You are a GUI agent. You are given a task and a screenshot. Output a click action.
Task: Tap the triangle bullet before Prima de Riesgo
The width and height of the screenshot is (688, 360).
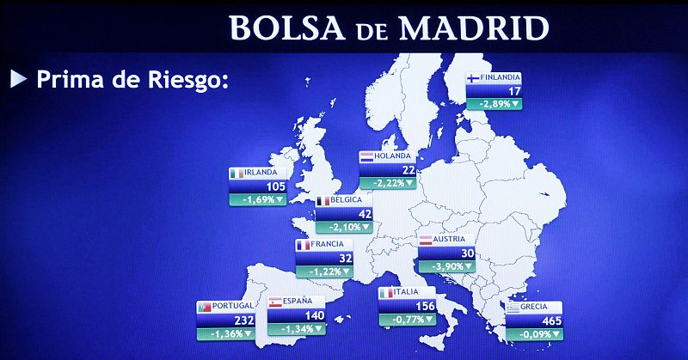tap(18, 80)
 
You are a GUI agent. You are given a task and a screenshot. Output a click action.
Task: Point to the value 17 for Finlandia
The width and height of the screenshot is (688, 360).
tap(514, 90)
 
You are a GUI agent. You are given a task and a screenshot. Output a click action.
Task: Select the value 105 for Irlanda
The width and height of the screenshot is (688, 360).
tap(275, 186)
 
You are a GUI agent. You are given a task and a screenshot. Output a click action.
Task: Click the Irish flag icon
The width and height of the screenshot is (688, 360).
tap(237, 173)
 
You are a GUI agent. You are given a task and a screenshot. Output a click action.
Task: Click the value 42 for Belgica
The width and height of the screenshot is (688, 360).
tap(365, 214)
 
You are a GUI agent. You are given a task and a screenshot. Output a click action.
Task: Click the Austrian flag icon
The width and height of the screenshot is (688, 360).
tap(425, 240)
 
